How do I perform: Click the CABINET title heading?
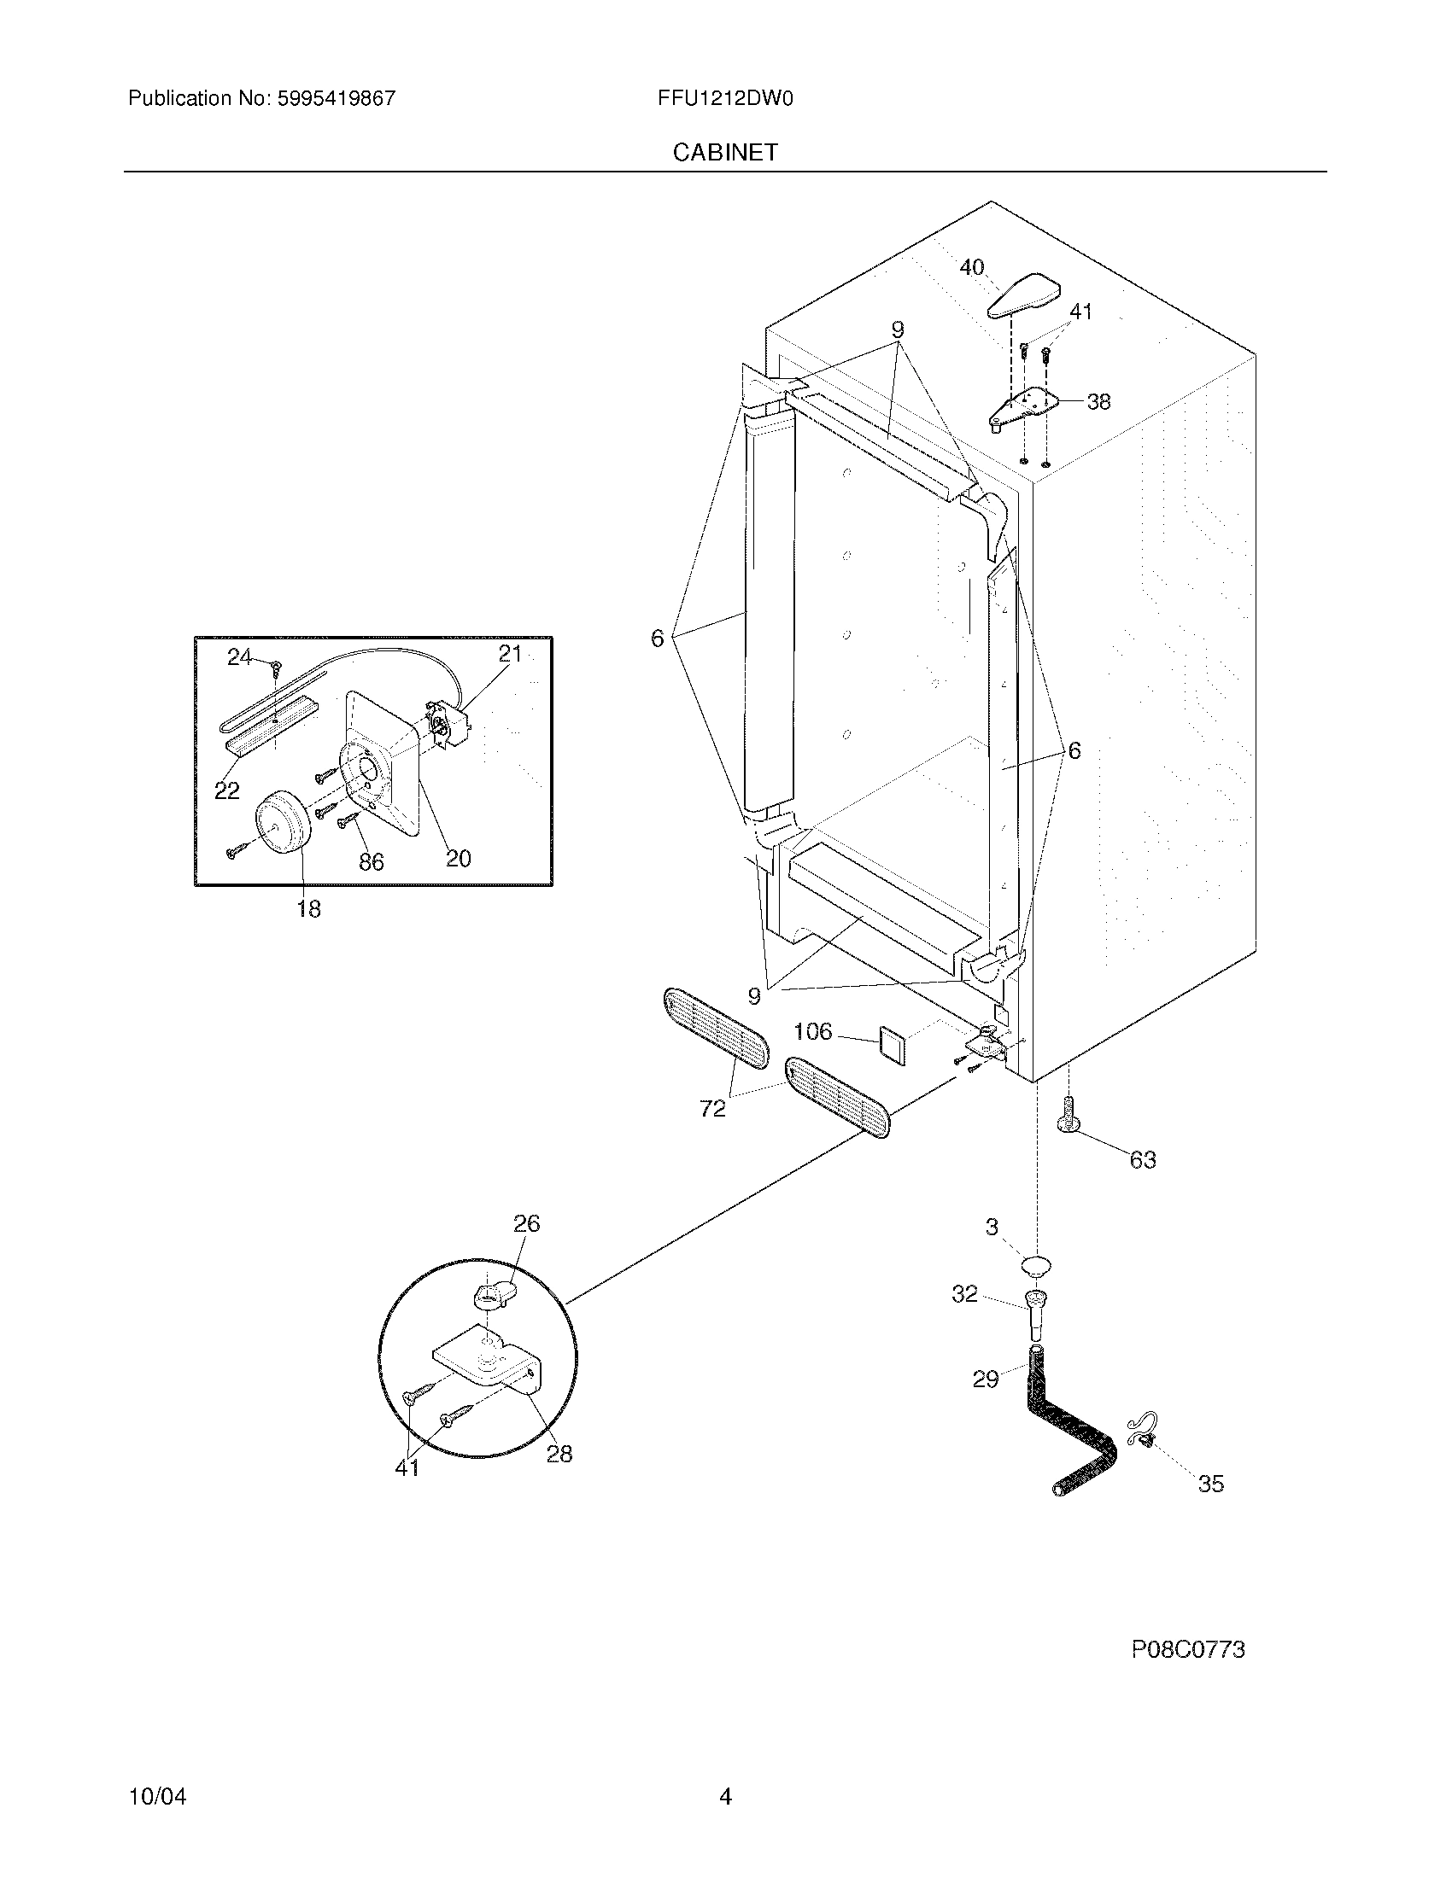pyautogui.click(x=724, y=152)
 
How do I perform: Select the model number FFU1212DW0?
pyautogui.click(x=724, y=98)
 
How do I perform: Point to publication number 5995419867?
pyautogui.click(x=337, y=98)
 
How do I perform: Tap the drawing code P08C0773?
pyautogui.click(x=1188, y=1649)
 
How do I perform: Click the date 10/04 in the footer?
pyautogui.click(x=157, y=1796)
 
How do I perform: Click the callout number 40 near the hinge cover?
pyautogui.click(x=971, y=267)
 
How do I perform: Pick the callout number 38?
pyautogui.click(x=1098, y=401)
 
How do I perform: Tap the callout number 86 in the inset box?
pyautogui.click(x=371, y=861)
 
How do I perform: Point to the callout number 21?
pyautogui.click(x=510, y=655)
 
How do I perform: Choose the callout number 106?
pyautogui.click(x=813, y=1031)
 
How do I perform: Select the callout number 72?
pyautogui.click(x=712, y=1109)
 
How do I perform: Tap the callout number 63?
pyautogui.click(x=1142, y=1160)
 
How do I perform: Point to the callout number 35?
pyautogui.click(x=1210, y=1484)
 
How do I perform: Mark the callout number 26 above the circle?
pyautogui.click(x=526, y=1223)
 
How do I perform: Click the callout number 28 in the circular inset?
pyautogui.click(x=559, y=1454)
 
